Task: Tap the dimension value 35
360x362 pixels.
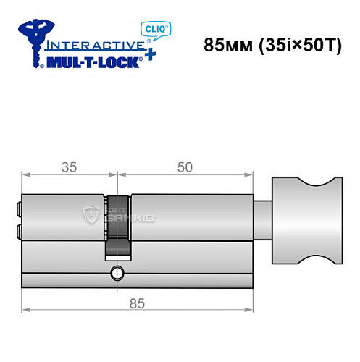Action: coord(69,167)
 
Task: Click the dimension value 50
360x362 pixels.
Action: coord(185,167)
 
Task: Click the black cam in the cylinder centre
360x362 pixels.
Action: coord(117,228)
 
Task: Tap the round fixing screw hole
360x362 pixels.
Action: coord(117,273)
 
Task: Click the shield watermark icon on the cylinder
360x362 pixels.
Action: coord(91,214)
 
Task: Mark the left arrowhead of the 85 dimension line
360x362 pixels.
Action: coord(25,311)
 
